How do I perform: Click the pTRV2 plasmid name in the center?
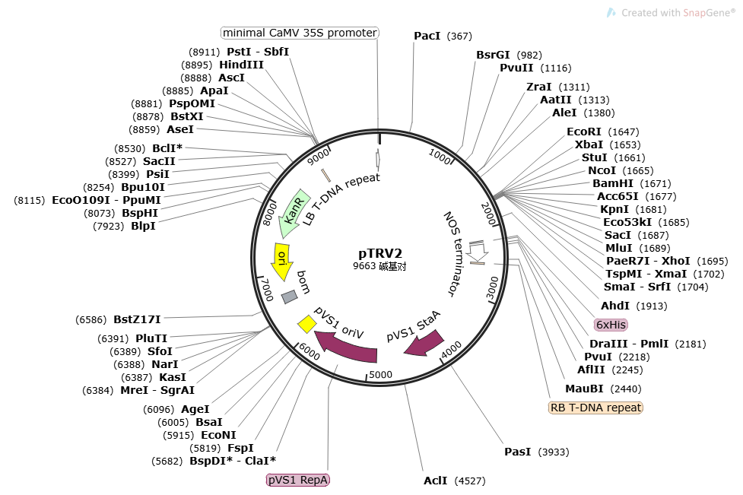coord(380,253)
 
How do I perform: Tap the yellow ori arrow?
coord(281,260)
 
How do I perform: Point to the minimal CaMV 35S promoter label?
coord(300,33)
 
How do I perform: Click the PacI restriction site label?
coord(428,36)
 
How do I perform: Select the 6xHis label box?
coord(611,325)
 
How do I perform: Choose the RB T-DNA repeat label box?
coord(595,408)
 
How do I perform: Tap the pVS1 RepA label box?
coord(298,480)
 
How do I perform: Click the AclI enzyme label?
coord(436,481)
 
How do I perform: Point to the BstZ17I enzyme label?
coord(137,319)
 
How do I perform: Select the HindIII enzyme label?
coord(241,65)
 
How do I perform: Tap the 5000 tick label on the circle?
coord(379,374)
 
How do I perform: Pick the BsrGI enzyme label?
coord(494,55)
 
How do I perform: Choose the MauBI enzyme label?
coord(584,389)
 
